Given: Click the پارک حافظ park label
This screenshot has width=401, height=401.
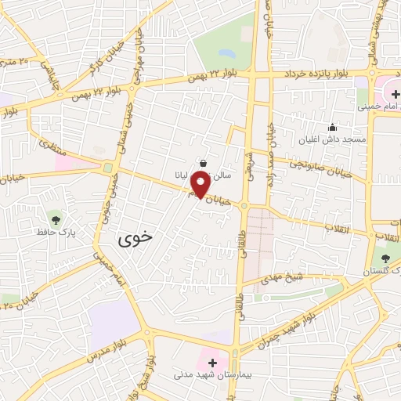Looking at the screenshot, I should [54, 233].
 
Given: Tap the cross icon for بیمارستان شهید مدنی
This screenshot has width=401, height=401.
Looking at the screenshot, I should [212, 363].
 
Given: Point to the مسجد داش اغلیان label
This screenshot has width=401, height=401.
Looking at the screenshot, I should [332, 141].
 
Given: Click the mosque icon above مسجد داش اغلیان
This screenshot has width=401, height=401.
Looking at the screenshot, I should [332, 128].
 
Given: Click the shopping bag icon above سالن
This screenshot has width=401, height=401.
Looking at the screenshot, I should [204, 163].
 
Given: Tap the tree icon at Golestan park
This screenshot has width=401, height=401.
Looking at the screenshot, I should [385, 258].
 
